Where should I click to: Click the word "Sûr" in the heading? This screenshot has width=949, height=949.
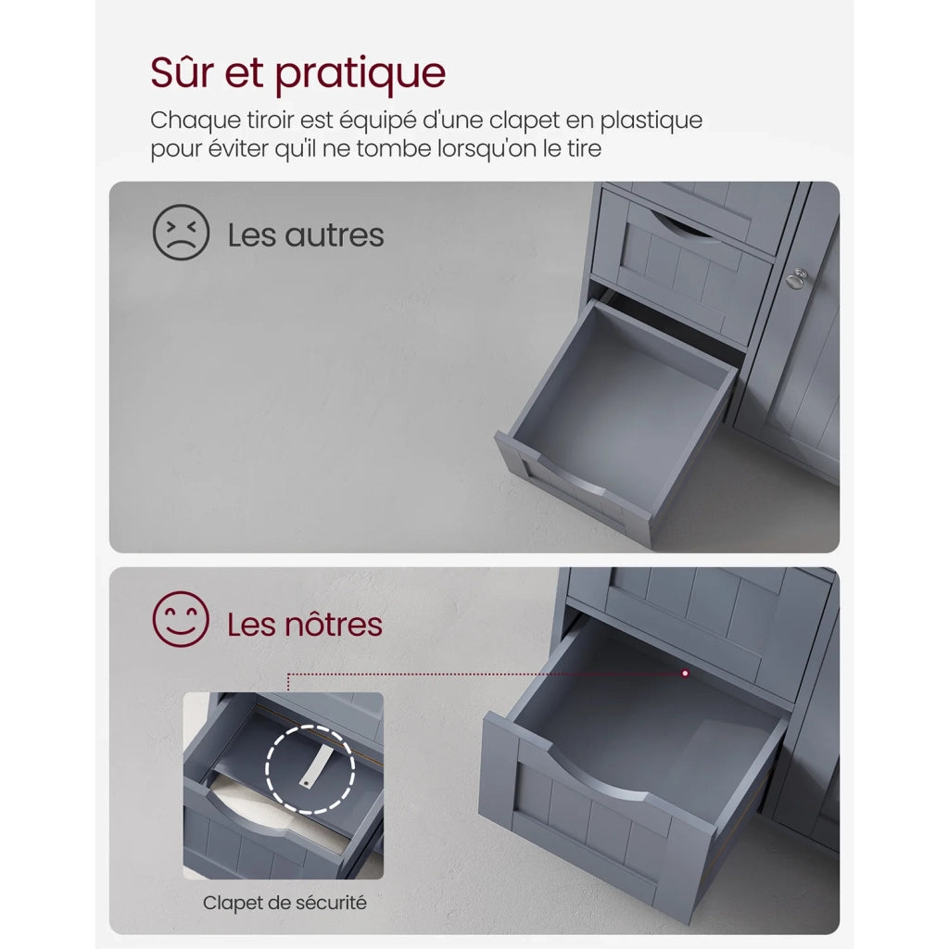182,72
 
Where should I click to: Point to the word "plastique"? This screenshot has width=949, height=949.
652,120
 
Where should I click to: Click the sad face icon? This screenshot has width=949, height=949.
181,233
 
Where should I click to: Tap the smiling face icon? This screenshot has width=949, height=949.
181,619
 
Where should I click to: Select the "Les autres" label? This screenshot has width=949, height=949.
306,234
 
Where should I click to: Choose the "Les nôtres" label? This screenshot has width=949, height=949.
304,624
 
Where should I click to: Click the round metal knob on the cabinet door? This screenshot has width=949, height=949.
797,278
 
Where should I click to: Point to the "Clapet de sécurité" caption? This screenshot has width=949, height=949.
285,903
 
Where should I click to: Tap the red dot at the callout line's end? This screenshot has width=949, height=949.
685,673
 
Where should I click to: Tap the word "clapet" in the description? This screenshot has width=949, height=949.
525,120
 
